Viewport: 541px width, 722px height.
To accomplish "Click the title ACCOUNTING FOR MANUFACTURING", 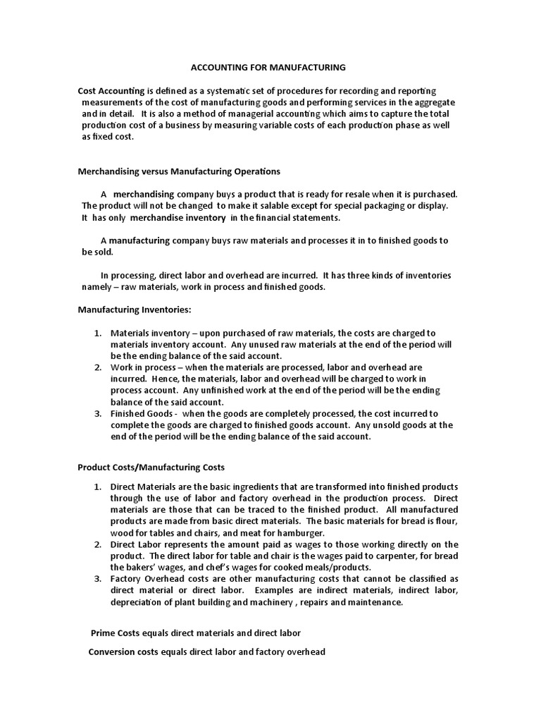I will pos(269,68).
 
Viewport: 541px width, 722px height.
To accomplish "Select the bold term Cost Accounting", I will pos(111,91).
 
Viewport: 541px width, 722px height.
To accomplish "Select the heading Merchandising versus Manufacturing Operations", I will pos(178,171).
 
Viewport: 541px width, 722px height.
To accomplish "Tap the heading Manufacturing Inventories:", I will pos(133,310).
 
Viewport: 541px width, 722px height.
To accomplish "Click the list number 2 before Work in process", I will pos(98,367).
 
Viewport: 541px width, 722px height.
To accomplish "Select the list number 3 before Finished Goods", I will pos(98,413).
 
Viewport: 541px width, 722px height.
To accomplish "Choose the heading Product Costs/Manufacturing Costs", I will pos(150,468).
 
